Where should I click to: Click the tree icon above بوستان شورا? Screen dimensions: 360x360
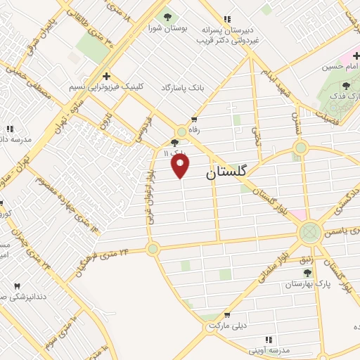point(167,17)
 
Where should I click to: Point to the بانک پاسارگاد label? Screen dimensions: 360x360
point(181,87)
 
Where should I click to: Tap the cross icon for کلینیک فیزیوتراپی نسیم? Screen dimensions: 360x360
point(105,76)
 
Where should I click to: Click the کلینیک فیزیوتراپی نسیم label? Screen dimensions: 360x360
point(105,87)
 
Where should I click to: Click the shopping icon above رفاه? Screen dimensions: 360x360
point(194,120)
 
